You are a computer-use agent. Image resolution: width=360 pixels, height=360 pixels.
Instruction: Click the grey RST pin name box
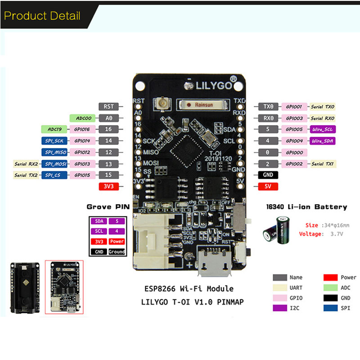108,107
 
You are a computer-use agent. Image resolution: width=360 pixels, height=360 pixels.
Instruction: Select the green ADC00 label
84,118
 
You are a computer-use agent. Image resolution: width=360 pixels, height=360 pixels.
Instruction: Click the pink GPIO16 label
82,130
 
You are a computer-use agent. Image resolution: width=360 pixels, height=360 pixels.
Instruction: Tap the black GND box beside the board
268,175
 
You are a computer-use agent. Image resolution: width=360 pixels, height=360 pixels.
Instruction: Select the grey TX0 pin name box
268,107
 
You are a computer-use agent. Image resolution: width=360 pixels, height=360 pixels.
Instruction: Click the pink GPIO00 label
294,153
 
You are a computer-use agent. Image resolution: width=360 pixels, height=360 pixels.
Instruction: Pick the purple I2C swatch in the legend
280,308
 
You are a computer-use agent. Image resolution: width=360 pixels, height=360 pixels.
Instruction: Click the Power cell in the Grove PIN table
117,241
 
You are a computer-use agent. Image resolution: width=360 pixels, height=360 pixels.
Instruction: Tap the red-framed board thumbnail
64,287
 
